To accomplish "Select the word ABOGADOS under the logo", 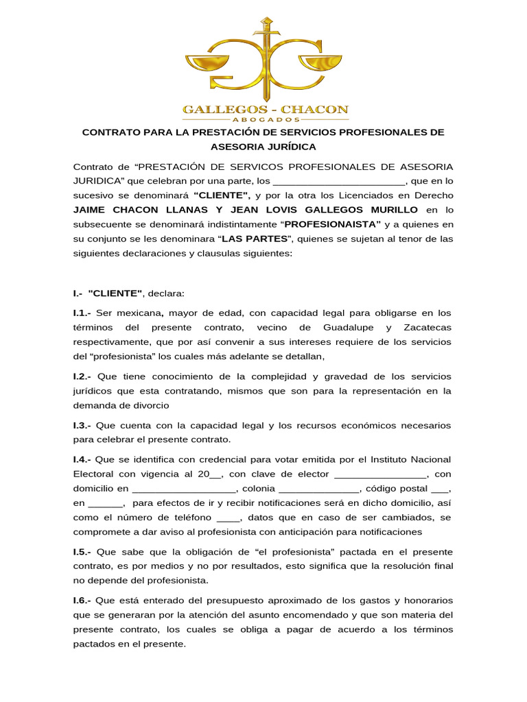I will pos(264,119).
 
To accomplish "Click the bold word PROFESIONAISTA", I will pos(332,223).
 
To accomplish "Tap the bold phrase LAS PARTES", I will pos(254,238).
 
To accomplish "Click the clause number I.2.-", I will pos(83,376).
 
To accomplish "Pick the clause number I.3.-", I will pos(83,426).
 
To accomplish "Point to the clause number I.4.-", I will pos(83,459).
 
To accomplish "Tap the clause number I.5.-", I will pos(83,552).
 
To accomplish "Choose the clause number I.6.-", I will pos(83,601).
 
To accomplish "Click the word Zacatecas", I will pos(428,327).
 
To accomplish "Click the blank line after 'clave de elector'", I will pos(380,475).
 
